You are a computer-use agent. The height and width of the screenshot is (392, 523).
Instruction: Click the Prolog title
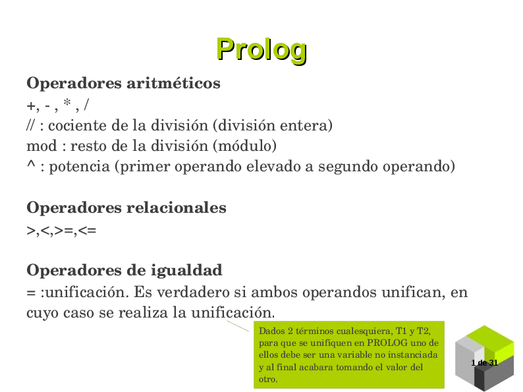point(261,49)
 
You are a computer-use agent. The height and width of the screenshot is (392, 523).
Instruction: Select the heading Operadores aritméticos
point(123,84)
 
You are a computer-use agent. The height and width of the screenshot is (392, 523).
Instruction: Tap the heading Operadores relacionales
point(126,208)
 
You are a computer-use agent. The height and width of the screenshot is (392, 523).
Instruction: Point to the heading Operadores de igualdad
point(124,270)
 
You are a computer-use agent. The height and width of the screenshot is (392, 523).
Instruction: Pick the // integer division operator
point(31,125)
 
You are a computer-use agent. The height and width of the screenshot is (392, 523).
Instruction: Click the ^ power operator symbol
point(30,166)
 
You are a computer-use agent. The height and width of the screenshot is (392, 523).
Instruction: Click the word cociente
point(74,125)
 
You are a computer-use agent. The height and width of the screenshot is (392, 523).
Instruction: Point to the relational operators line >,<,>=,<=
point(61,231)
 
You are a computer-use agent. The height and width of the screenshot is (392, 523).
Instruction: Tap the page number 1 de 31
point(485,363)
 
